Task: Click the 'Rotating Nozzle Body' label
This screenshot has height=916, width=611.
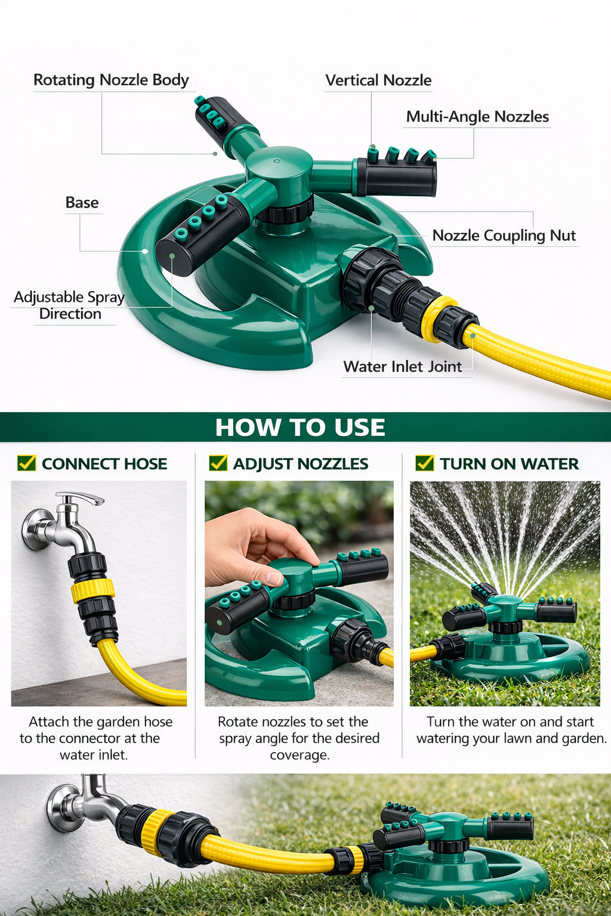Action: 111,80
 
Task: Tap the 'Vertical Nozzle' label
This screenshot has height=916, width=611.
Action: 378,80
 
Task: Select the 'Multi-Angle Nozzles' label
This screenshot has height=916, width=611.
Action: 477,116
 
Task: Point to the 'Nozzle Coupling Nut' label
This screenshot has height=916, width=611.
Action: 504,235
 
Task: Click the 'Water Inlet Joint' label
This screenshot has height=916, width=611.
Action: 402,366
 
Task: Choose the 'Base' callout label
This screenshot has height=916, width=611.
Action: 82,202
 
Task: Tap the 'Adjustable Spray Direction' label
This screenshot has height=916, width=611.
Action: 69,305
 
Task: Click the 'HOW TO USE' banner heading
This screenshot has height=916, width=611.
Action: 300,427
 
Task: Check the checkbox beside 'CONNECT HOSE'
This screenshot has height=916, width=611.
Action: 27,463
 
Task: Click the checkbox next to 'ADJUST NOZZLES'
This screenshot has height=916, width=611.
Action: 218,463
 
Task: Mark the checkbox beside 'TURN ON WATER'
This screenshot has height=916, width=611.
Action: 424,463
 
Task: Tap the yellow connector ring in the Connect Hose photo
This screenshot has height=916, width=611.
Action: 92,590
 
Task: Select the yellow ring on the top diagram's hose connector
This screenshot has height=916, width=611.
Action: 439,318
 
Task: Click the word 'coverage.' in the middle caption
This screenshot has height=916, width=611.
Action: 300,755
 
